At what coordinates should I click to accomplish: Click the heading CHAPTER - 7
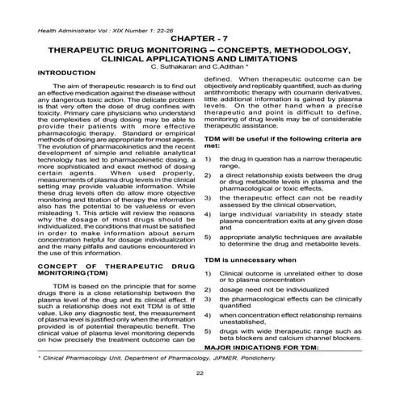click(199, 38)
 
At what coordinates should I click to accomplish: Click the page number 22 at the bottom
click(199, 373)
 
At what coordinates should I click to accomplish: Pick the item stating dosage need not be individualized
click(270, 289)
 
